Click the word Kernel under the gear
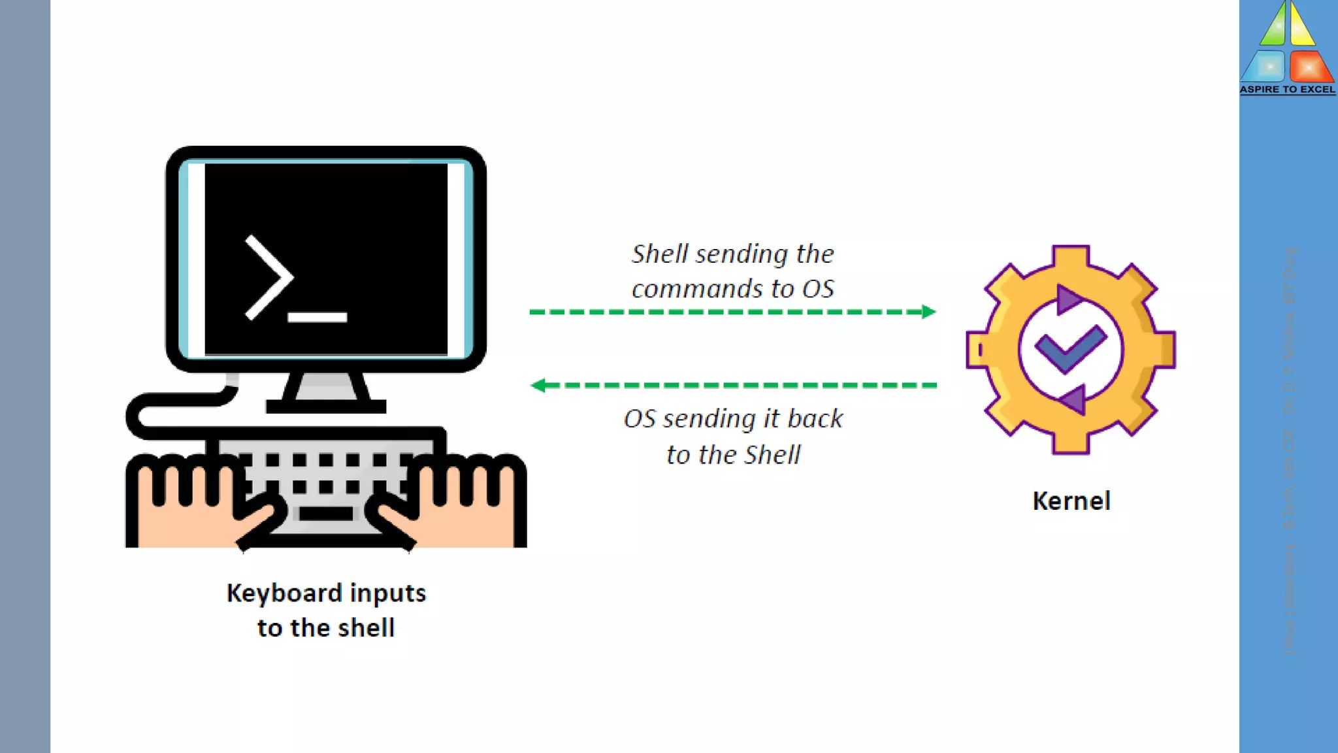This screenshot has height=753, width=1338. point(1071,501)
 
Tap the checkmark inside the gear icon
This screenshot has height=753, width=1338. point(1069,350)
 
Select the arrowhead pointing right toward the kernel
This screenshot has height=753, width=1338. point(928,312)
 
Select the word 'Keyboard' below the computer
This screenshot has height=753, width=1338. point(284,593)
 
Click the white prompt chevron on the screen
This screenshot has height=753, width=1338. point(268,278)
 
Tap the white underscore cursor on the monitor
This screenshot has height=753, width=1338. point(318,318)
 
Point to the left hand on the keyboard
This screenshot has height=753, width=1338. point(196,503)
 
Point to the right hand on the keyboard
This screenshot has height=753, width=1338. point(457,503)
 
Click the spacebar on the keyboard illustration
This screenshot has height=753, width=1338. point(325,514)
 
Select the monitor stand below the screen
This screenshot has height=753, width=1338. point(325,392)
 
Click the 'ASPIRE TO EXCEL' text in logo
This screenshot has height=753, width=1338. point(1287,90)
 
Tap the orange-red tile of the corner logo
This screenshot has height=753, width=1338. point(1309,67)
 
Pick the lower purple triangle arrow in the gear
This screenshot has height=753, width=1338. point(1073,398)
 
